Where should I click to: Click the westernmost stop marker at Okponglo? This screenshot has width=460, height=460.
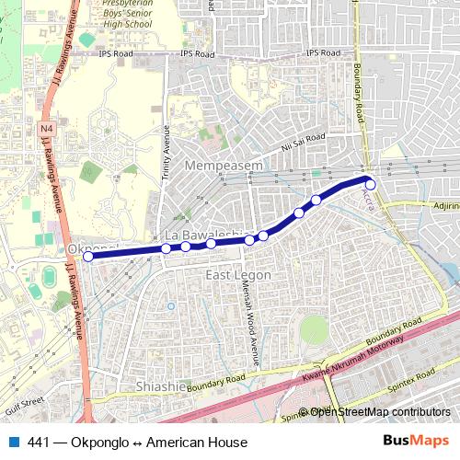(88, 257)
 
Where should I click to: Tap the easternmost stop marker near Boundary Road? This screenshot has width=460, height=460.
(371, 183)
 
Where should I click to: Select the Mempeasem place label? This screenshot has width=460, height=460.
(224, 165)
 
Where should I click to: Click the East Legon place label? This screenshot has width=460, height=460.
(237, 276)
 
